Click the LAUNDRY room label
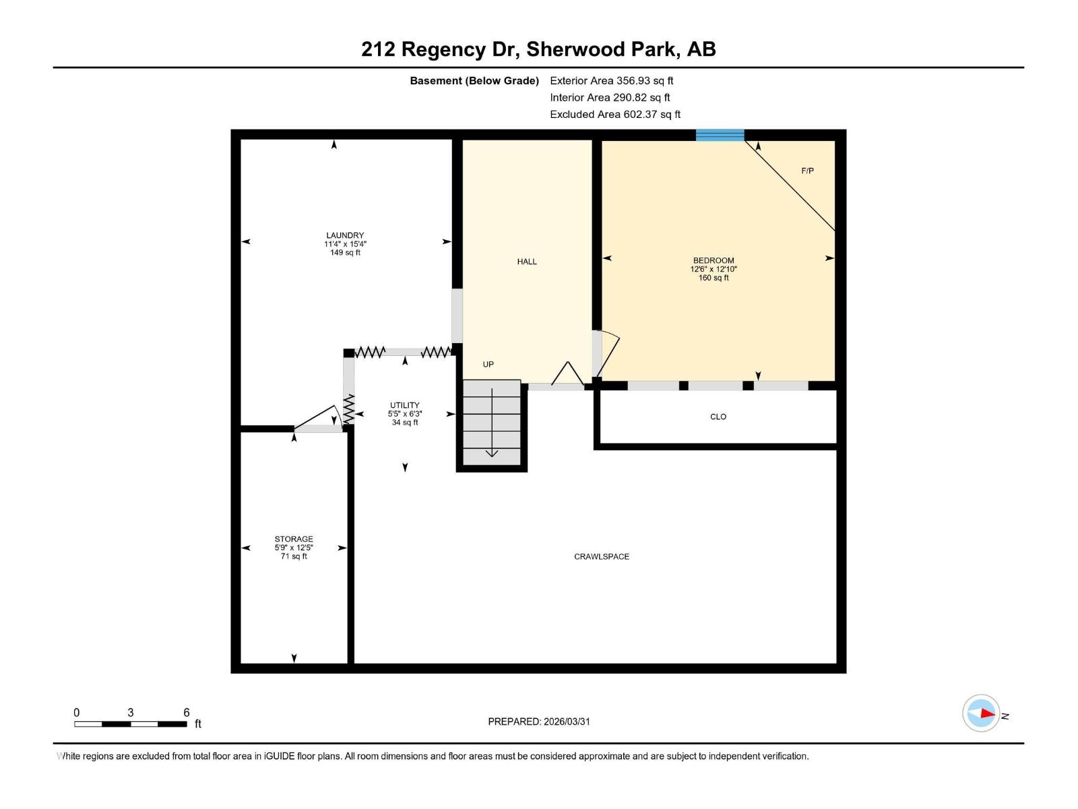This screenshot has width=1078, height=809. [345, 236]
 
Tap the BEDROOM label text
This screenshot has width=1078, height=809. [714, 261]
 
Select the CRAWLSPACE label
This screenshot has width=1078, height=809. [602, 557]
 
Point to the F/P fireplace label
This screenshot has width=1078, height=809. [807, 171]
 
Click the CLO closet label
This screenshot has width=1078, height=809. [718, 417]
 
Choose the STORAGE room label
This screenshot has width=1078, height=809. [294, 539]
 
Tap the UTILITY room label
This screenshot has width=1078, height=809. [404, 406]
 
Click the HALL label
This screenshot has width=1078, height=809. [527, 262]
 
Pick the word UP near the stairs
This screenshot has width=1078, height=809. [488, 365]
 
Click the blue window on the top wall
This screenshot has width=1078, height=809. [720, 135]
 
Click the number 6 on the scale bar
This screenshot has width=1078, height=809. [187, 713]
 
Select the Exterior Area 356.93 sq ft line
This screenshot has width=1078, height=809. [611, 81]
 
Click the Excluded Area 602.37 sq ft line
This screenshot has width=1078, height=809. [614, 115]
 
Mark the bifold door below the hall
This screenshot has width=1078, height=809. [568, 374]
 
